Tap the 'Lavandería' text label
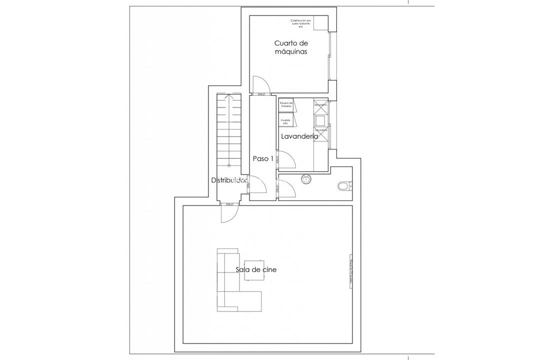click(x=299, y=136)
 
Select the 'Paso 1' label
click(x=262, y=159)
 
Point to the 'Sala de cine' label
click(x=256, y=269)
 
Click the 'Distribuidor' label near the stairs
click(x=229, y=180)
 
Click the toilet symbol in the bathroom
click(x=343, y=186)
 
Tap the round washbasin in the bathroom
click(x=306, y=179)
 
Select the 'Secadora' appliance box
click(x=320, y=105)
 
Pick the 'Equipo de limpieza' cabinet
click(x=286, y=104)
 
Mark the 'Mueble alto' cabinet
click(x=286, y=120)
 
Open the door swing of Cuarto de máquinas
click(x=261, y=84)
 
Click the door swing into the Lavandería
click(x=287, y=160)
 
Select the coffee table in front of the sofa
click(x=254, y=270)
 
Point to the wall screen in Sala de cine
click(x=350, y=272)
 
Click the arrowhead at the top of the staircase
click(x=228, y=98)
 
